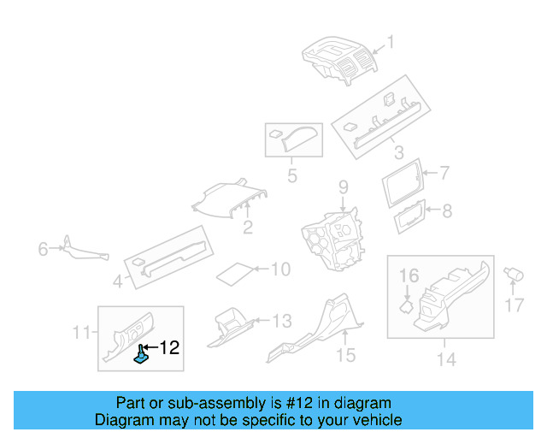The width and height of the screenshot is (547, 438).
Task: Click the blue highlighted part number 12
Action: pyautogui.click(x=141, y=355)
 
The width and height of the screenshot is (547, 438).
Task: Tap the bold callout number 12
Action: pyautogui.click(x=169, y=347)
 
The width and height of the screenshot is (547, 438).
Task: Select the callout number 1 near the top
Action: pyautogui.click(x=391, y=42)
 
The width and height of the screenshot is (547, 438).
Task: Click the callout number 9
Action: pyautogui.click(x=344, y=187)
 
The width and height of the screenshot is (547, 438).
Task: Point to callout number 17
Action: pyautogui.click(x=515, y=305)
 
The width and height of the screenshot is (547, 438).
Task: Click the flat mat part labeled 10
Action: pyautogui.click(x=235, y=275)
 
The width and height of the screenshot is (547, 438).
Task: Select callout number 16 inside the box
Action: pyautogui.click(x=409, y=275)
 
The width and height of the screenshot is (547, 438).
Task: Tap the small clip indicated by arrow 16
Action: pyautogui.click(x=407, y=307)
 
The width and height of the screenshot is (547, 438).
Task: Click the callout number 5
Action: pyautogui.click(x=292, y=175)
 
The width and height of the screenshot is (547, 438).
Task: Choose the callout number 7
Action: pyautogui.click(x=444, y=173)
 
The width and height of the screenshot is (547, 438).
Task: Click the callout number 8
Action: pyautogui.click(x=447, y=211)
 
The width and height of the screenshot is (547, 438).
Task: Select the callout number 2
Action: pyautogui.click(x=248, y=228)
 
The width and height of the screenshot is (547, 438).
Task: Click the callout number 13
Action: pyautogui.click(x=282, y=321)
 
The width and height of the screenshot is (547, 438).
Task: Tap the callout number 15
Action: pyautogui.click(x=345, y=355)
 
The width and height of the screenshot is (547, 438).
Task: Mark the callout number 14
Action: pyautogui.click(x=446, y=359)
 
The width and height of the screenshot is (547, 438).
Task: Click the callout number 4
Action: pyautogui.click(x=118, y=281)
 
